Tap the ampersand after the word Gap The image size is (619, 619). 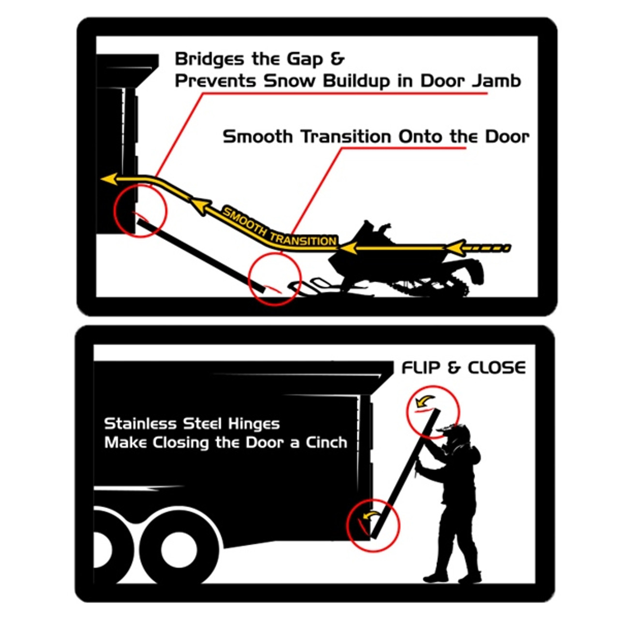337,59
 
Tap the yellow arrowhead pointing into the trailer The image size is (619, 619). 109,179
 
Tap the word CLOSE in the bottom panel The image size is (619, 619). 497,368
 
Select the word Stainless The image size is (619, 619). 140,424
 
